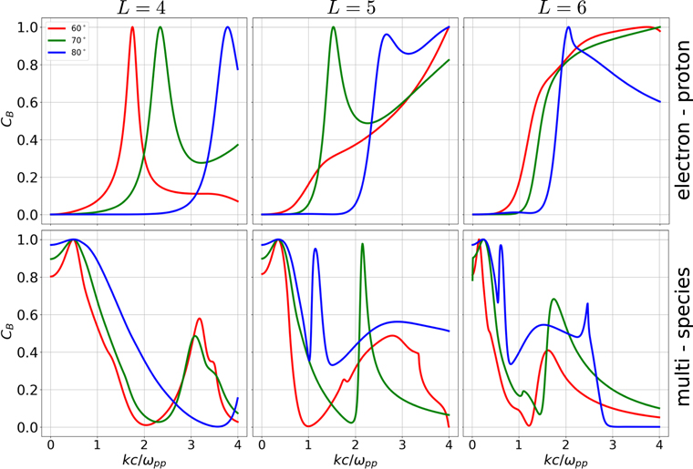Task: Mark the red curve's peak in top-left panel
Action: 132,27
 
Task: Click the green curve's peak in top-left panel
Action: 160,27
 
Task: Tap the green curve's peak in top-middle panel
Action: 333,27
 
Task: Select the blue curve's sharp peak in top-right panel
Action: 568,27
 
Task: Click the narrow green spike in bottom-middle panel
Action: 362,244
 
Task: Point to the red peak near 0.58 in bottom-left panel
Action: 199,318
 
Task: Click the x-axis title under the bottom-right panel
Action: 566,457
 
